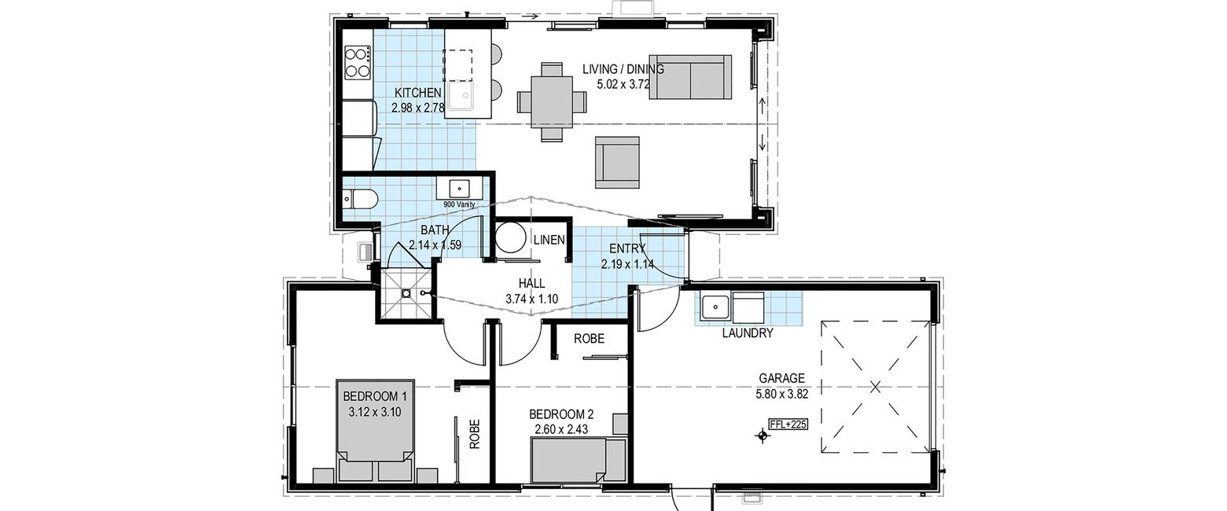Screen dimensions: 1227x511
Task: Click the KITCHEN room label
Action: (417, 93)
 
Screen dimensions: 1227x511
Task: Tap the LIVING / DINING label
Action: (623, 69)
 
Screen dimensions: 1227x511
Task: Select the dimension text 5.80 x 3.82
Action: (781, 393)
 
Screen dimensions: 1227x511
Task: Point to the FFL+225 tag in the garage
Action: (788, 424)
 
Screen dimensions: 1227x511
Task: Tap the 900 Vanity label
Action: (459, 204)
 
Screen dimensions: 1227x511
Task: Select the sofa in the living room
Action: (690, 77)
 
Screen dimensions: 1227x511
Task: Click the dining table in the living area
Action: (552, 102)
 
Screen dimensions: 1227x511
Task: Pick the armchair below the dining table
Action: (617, 162)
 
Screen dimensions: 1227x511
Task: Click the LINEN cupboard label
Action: (549, 240)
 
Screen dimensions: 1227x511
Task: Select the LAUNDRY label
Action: (748, 333)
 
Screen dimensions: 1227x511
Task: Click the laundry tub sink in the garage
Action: (715, 308)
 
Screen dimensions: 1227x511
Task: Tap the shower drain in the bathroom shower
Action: (406, 293)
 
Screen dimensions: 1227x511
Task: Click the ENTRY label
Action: (627, 248)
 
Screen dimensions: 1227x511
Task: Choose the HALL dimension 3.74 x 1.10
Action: (531, 299)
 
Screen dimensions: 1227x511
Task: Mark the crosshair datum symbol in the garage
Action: (762, 436)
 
